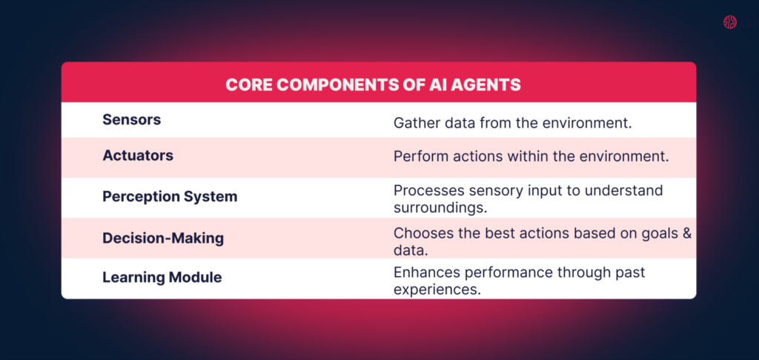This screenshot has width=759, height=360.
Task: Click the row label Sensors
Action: point(131,119)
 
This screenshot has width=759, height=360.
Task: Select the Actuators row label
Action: point(138,156)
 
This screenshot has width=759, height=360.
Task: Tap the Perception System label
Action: point(170,196)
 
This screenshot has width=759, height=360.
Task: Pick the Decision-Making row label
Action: point(163,239)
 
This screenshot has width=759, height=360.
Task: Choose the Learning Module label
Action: point(162,278)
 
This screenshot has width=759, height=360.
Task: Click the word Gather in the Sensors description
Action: point(413,122)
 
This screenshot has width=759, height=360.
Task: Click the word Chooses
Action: point(420,233)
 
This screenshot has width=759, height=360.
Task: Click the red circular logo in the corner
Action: point(730,22)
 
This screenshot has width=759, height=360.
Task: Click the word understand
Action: point(623,191)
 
